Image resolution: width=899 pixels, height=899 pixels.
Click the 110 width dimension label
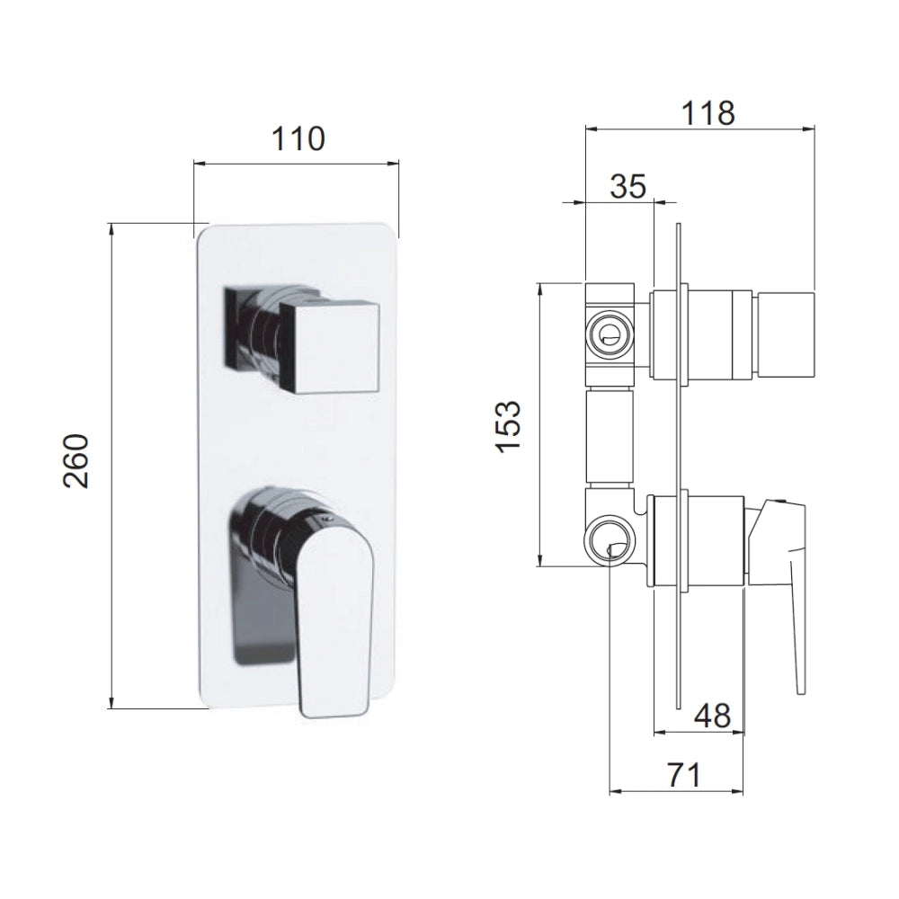pyautogui.click(x=298, y=138)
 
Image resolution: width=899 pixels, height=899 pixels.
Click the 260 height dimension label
pyautogui.click(x=76, y=461)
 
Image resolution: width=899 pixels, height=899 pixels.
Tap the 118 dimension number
pyautogui.click(x=708, y=113)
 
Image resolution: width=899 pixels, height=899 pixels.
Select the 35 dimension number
pyautogui.click(x=628, y=186)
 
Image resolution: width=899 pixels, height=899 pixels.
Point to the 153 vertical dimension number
pyautogui.click(x=509, y=427)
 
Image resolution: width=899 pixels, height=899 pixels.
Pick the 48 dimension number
pyautogui.click(x=712, y=716)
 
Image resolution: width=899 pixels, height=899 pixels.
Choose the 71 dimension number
pyautogui.click(x=683, y=776)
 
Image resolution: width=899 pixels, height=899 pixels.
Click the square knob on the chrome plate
pyautogui.click(x=329, y=347)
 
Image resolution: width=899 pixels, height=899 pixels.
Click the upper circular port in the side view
pyautogui.click(x=610, y=334)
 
